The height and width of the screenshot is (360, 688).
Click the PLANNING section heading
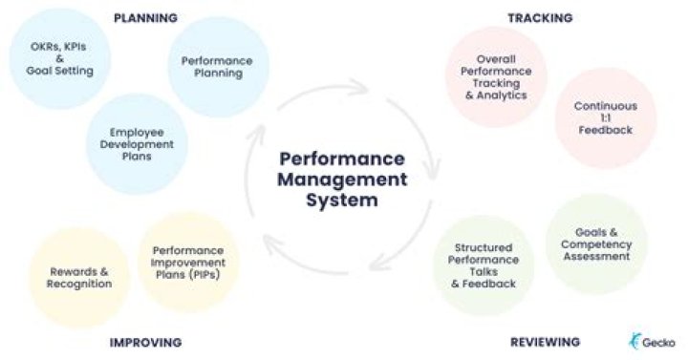tap(145, 18)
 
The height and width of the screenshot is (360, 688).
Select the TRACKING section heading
tap(540, 18)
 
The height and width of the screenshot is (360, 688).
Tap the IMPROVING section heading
tap(145, 342)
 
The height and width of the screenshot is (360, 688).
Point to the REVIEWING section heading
tap(545, 342)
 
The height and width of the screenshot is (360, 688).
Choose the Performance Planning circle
tap(217, 67)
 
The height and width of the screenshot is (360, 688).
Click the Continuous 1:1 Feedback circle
tap(605, 116)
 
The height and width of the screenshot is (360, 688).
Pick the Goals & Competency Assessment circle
tap(595, 244)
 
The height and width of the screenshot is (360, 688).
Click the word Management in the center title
tap(343, 180)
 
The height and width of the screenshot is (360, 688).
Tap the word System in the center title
tap(343, 201)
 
